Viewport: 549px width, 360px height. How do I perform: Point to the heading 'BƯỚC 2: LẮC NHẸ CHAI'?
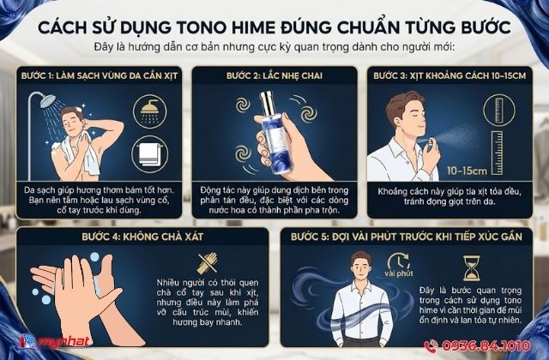coord(274,75)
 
